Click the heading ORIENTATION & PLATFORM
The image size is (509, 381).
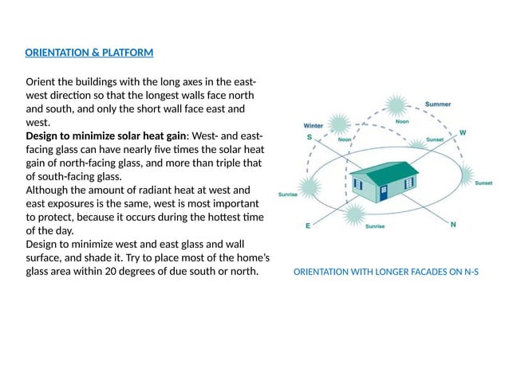pos(89,53)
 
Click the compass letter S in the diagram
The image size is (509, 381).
pos(310,137)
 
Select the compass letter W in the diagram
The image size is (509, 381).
pos(462,132)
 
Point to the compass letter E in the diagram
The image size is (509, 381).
pos(308,226)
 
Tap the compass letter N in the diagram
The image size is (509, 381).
pos(453,224)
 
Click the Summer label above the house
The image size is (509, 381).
pos(437,104)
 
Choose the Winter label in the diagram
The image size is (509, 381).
pos(314,125)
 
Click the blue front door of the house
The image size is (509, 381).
pos(385,194)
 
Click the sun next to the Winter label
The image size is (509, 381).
pos(339,124)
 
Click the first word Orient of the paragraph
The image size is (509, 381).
pos(41,82)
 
